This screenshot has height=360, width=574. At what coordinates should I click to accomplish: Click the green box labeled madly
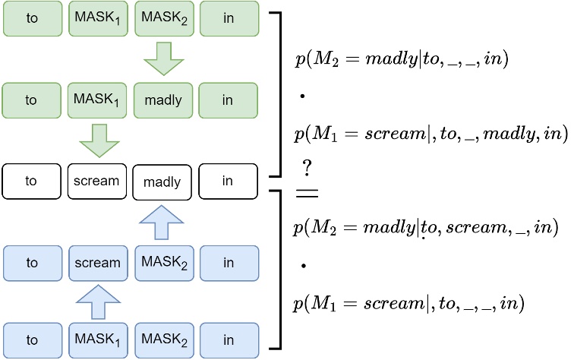pos(162,99)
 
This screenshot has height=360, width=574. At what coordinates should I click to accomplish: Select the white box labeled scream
pos(96,182)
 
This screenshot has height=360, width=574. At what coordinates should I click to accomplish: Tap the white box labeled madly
pos(162,182)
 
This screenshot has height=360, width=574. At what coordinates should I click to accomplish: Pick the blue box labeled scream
pos(96,263)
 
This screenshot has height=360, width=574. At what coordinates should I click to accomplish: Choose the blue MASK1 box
pos(96,339)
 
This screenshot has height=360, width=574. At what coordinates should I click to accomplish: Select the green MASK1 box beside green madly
pos(96,99)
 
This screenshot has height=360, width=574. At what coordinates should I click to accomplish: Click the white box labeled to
pos(31,182)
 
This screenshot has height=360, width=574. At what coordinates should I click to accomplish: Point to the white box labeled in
pos(228,182)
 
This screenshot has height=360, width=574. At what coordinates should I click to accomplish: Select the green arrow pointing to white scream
pos(99,141)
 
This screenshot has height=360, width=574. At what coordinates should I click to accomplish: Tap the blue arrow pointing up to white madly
pos(163,222)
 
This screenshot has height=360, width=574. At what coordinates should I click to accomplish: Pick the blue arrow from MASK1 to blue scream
pos(96,302)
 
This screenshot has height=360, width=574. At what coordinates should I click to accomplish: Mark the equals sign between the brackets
pos(306,193)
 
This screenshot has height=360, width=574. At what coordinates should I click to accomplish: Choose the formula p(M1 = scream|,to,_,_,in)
pos(409,303)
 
